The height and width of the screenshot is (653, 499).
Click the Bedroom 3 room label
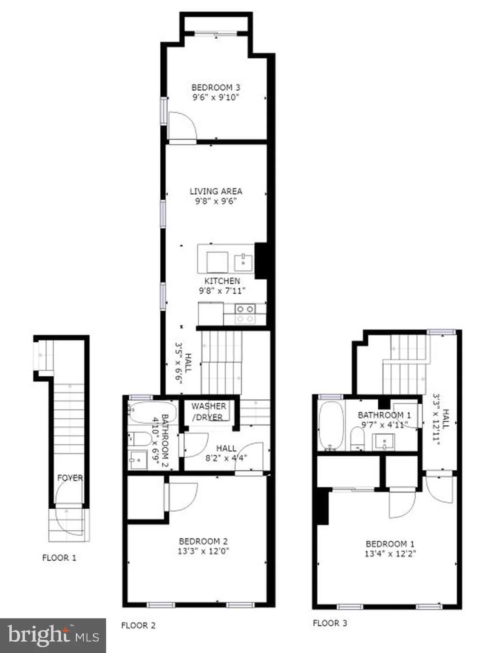(x=215, y=88)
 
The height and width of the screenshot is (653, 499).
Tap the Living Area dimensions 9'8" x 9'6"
(x=215, y=201)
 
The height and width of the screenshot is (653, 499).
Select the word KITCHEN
(x=222, y=281)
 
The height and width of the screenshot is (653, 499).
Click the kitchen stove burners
(x=245, y=314)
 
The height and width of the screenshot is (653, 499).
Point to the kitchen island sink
(x=243, y=263)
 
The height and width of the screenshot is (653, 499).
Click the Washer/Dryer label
(x=208, y=412)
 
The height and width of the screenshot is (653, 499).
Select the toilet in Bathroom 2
(x=140, y=439)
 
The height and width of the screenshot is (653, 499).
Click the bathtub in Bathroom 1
(x=331, y=426)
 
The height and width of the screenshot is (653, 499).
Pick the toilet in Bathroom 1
(x=357, y=438)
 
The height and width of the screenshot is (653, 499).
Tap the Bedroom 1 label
(x=390, y=544)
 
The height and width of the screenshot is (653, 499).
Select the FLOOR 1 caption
(x=59, y=557)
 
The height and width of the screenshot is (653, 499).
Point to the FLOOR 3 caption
(x=330, y=623)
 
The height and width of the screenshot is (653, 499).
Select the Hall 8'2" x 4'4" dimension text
(x=226, y=458)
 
